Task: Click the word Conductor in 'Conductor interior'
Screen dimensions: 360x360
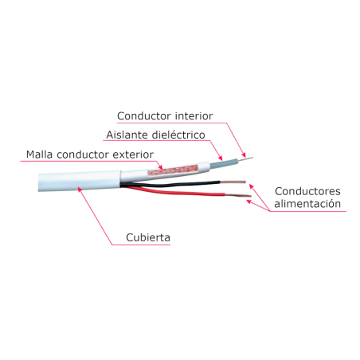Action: (144, 116)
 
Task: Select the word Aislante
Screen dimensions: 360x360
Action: (127, 135)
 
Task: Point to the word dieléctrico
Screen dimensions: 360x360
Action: (178, 135)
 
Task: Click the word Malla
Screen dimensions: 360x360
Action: (39, 155)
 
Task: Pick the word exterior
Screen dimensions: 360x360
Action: (133, 155)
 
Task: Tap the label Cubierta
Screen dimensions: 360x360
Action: (148, 237)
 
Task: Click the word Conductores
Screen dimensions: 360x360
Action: (307, 191)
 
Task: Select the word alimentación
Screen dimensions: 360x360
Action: (307, 204)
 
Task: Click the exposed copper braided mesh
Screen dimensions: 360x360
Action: (173, 170)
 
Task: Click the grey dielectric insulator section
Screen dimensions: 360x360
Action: (224, 163)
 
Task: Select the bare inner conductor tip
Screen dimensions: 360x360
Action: (245, 158)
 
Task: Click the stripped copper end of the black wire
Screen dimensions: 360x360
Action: (233, 182)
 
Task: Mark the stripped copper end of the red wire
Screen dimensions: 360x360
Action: (238, 195)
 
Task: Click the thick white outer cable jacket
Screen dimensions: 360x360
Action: (80, 182)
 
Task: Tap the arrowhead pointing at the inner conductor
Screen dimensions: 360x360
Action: (244, 155)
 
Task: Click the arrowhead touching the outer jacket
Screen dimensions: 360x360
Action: (80, 190)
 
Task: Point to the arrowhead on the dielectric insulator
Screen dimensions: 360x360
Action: (220, 158)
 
